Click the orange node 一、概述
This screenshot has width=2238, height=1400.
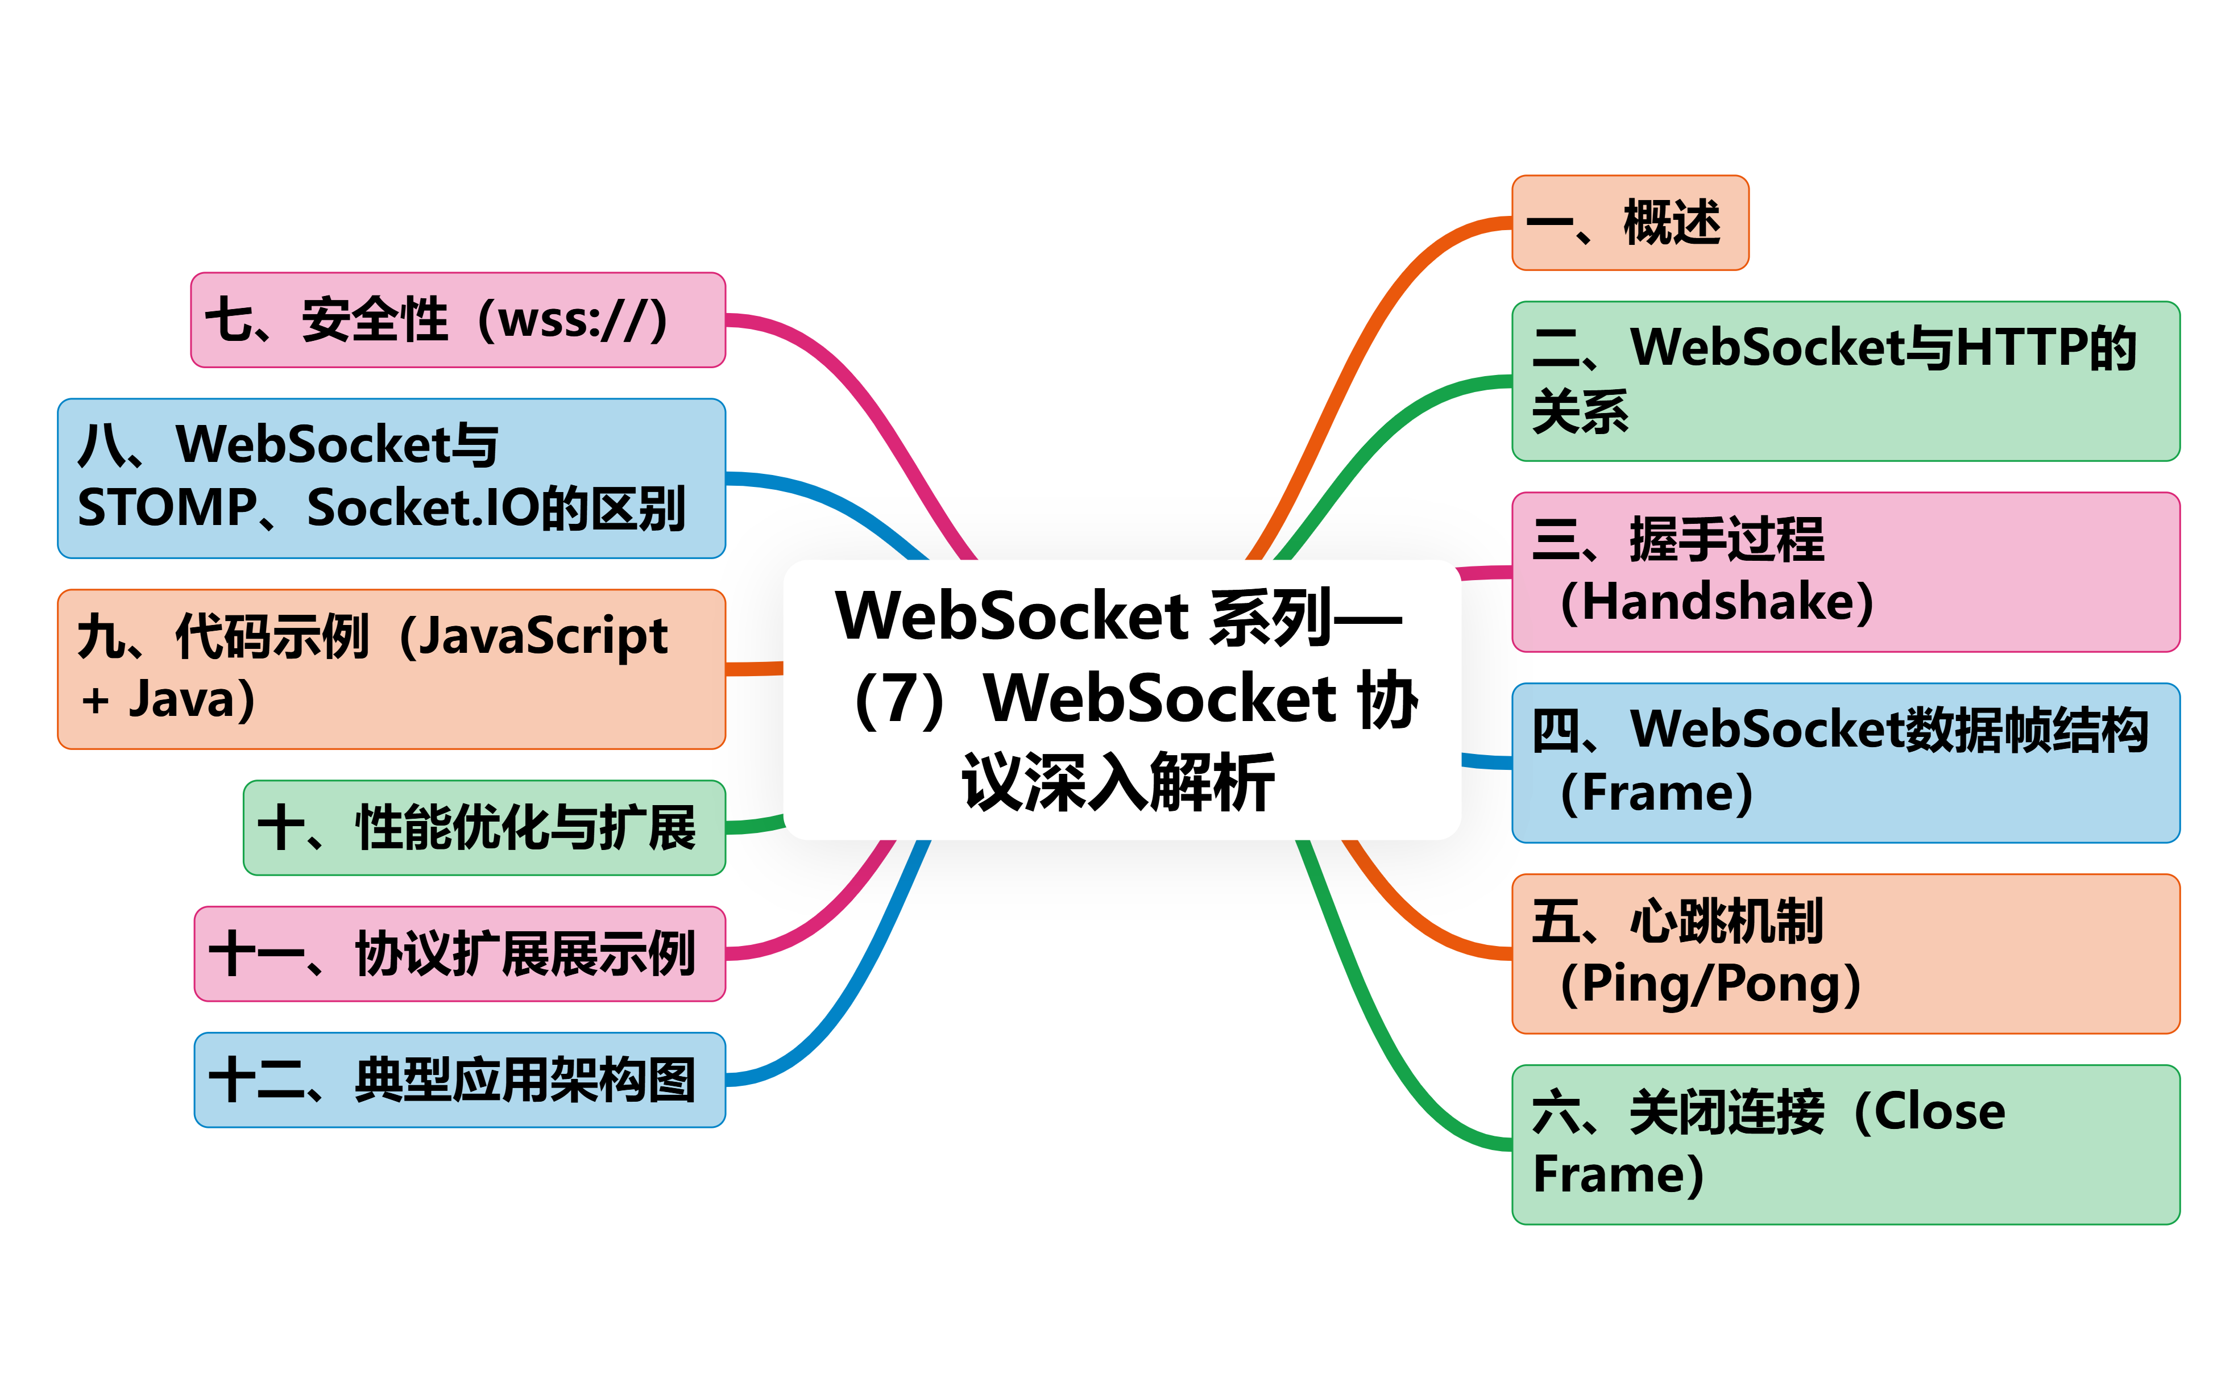pyautogui.click(x=1630, y=223)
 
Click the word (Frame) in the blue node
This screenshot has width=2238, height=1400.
pyautogui.click(x=1656, y=794)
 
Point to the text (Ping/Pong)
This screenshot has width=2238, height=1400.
pyautogui.click(x=1710, y=984)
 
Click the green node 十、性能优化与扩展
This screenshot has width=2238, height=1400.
pyautogui.click(x=483, y=828)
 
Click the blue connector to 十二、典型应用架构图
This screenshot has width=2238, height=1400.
pyautogui.click(x=861, y=981)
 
